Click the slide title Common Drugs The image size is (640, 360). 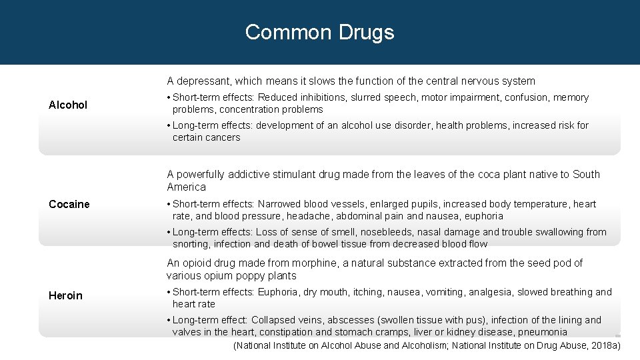click(x=319, y=32)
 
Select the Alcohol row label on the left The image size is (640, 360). click(x=68, y=105)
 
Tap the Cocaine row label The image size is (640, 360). click(x=69, y=204)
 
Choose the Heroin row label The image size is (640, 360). click(x=65, y=295)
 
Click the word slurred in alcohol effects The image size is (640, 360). click(x=366, y=98)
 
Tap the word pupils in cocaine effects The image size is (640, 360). click(x=423, y=204)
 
